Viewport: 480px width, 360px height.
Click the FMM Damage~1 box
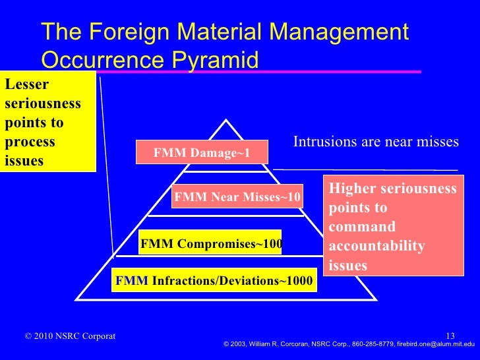(x=202, y=152)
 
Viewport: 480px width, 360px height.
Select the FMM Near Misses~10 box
(x=237, y=196)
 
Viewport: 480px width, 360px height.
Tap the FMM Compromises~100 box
(x=211, y=244)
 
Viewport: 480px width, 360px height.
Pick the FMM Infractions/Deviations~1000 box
(x=214, y=281)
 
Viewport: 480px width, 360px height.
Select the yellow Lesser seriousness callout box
(x=47, y=121)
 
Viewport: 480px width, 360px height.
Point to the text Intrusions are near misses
(x=376, y=142)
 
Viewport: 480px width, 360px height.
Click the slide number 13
(x=451, y=336)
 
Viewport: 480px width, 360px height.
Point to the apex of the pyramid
(x=226, y=120)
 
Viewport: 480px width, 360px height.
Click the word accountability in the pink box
(x=376, y=247)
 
